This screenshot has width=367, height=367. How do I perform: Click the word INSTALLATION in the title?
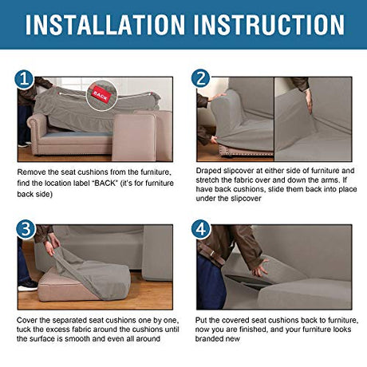(x=105, y=25)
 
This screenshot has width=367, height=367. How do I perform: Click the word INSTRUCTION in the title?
(x=269, y=25)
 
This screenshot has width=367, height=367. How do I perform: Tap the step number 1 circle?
(x=24, y=79)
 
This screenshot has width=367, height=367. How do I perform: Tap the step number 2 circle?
(x=200, y=78)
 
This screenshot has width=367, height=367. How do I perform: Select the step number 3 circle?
(x=26, y=230)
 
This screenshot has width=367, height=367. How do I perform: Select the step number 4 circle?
(x=201, y=229)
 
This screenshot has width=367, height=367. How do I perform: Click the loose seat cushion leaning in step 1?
(x=134, y=137)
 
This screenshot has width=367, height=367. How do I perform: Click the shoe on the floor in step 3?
(x=28, y=285)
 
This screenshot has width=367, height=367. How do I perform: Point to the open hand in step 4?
(x=260, y=268)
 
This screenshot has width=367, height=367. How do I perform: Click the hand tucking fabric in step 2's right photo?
(x=309, y=101)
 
